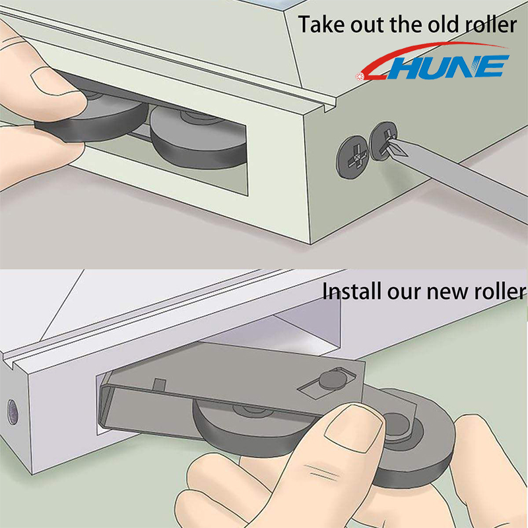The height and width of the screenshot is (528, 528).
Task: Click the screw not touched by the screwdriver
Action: pos(352,156)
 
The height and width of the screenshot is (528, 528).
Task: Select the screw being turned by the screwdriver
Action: pos(385,142)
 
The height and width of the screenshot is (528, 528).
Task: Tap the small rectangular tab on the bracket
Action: pos(158,383)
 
